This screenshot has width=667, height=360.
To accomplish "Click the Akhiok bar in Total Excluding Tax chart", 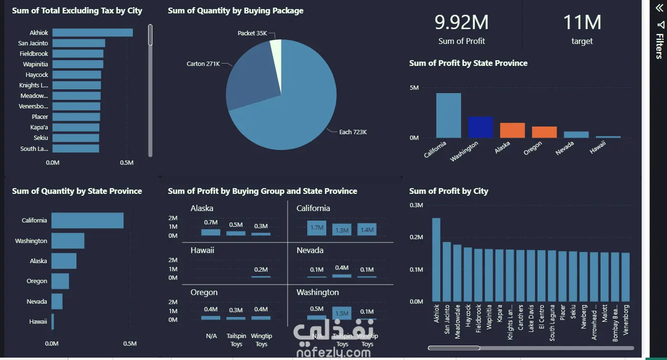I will tap(92, 32).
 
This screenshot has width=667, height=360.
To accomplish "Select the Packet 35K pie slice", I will tap(276, 49).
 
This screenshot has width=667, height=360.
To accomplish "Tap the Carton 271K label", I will tap(203, 64).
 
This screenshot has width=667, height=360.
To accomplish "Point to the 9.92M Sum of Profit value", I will tap(461, 22).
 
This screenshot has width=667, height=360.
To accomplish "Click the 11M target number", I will tap(581, 22).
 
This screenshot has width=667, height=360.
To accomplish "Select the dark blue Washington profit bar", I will tap(480, 127).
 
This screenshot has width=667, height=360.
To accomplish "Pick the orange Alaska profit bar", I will tap(512, 130).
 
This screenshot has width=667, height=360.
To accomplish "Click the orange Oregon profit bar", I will tap(544, 132).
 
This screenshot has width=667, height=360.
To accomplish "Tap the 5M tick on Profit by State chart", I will tap(414, 88).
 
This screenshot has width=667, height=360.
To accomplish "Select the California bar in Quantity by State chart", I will tap(87, 221).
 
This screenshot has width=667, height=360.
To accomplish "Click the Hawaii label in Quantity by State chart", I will tap(38, 322).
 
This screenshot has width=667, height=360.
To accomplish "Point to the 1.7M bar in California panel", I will tap(317, 228).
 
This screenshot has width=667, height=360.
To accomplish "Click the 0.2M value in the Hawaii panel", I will tap(261, 269).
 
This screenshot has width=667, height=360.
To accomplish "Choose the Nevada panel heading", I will tap(310, 250).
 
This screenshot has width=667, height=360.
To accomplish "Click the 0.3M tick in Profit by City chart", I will tap(417, 205).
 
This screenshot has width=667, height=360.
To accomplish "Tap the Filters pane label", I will tap(659, 45).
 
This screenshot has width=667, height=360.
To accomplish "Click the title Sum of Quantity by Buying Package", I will tap(236, 11).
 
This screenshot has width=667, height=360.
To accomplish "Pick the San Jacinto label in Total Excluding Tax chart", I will tap(33, 43).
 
